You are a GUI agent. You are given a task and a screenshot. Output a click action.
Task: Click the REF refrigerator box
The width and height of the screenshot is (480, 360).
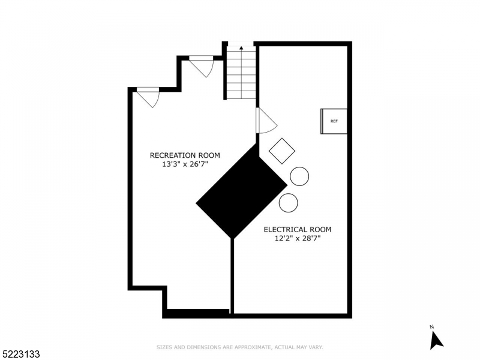(334, 121)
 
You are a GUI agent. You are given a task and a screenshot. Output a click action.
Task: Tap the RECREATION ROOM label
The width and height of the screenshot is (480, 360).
(181, 155)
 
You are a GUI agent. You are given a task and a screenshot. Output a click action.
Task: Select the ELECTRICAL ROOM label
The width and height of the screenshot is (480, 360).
(298, 229)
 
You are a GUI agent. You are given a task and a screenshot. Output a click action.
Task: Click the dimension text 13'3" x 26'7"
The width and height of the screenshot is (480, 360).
(181, 164)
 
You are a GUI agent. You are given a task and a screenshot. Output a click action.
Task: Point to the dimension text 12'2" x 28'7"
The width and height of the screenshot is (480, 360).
(298, 239)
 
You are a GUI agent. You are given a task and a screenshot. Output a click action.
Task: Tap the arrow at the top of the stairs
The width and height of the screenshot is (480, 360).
(241, 47)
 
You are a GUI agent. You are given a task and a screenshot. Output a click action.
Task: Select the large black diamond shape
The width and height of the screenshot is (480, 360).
(242, 191)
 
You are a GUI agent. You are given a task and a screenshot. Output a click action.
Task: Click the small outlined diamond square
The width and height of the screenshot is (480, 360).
(281, 151)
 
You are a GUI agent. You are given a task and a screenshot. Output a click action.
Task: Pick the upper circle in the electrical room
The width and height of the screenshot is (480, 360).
(299, 176)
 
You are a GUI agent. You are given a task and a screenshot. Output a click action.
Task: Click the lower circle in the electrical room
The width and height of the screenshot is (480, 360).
(288, 203)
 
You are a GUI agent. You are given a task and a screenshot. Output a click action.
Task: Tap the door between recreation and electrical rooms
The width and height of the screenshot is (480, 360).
(265, 122)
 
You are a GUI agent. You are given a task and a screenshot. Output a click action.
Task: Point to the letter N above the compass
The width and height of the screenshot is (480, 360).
(431, 327)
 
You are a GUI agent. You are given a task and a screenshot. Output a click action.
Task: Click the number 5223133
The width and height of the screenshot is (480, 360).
(20, 355)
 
